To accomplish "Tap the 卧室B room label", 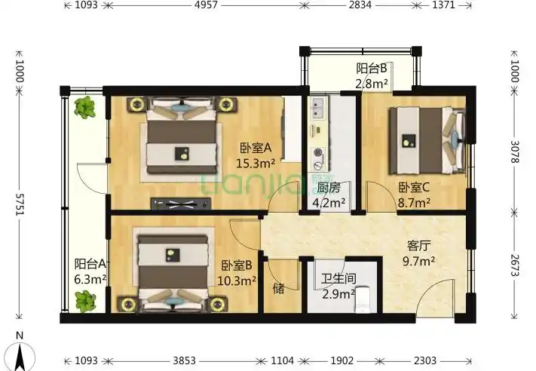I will pos(237,265).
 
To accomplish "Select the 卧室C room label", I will pos(414,189).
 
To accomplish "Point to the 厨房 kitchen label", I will pos(329,189).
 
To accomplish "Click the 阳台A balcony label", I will pos(89,265).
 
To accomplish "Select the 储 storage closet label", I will pos(278,287).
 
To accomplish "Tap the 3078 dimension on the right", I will pos(515,155).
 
